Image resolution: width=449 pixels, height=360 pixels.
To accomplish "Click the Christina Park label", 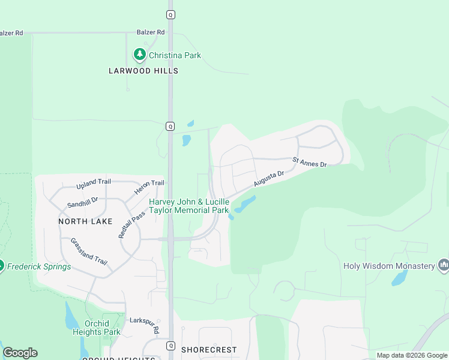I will pos(175,55).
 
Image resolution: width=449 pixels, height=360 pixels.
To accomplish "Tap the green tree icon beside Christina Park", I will pos(140,55).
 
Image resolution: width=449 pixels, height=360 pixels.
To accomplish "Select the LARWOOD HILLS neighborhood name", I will pos(143,71).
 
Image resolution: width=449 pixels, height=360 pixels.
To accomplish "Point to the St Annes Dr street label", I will pos(309,162).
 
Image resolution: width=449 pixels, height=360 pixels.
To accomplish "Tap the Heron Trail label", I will pos(149,183).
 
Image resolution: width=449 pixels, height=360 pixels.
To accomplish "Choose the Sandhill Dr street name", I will pos(82,201).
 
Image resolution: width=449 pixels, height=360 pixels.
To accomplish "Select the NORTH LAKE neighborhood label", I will pos(85,221).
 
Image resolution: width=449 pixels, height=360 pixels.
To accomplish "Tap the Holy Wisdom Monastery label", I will pos(389,266).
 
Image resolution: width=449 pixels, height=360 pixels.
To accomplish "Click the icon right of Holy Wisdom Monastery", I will pos(444,265).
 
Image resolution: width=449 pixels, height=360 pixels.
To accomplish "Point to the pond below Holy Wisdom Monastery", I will pos(399,279).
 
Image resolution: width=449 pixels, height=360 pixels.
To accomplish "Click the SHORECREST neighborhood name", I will pos(209,349).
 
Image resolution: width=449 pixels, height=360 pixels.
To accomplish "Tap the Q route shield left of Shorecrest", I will pos(170,346).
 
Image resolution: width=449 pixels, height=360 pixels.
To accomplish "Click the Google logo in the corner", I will pos(20,353).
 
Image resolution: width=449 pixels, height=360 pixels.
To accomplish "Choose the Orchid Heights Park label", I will pos(102,328).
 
